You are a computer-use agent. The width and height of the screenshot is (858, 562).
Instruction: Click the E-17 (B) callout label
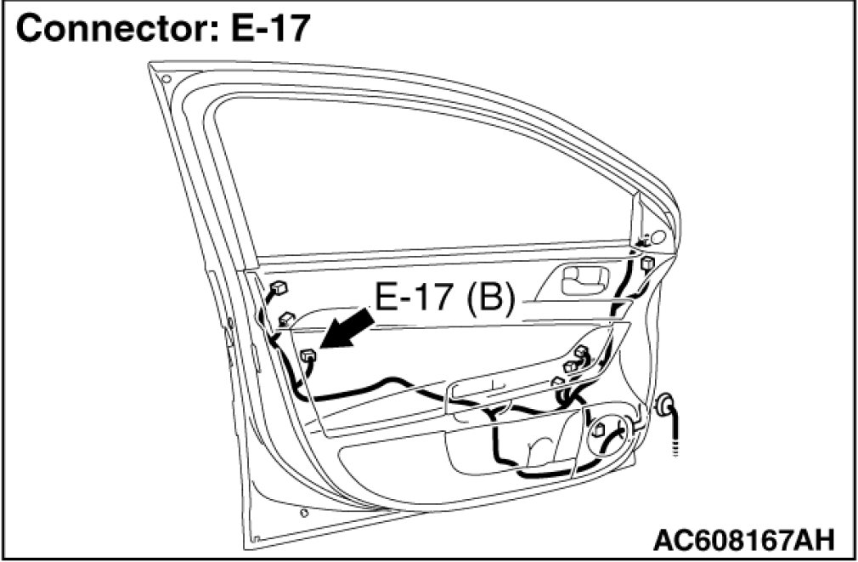[x=444, y=299]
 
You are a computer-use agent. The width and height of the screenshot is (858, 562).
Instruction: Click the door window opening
[x=425, y=170]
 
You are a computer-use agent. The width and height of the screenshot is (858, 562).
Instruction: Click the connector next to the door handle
[x=648, y=263]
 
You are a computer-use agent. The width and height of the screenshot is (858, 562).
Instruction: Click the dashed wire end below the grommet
[x=677, y=444]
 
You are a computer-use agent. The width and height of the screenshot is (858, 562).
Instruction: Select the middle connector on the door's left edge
[x=286, y=320]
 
